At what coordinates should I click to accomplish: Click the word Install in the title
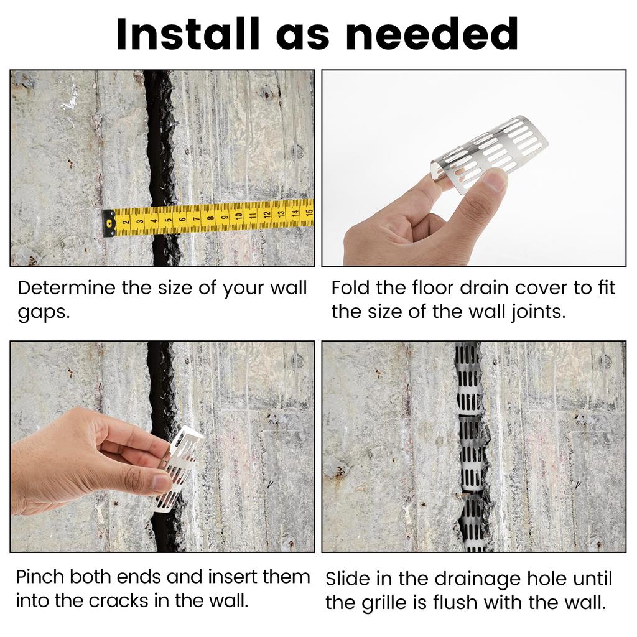[x=188, y=34]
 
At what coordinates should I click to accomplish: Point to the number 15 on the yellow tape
[x=309, y=212]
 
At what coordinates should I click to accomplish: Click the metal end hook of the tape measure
[x=109, y=223]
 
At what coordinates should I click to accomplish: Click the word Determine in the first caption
[x=67, y=288]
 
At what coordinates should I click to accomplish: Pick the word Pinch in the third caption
[x=40, y=577]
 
